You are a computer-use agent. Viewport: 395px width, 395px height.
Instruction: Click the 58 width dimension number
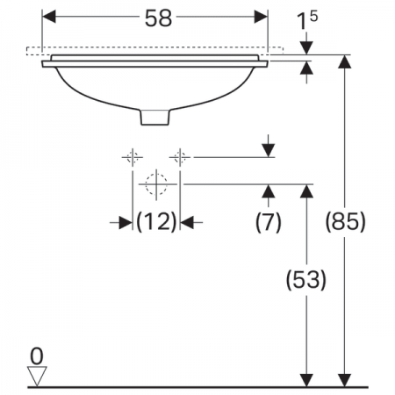pos(158,18)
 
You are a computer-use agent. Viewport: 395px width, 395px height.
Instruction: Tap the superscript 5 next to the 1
pos(313,17)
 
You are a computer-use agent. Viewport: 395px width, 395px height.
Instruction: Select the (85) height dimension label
pos(346,221)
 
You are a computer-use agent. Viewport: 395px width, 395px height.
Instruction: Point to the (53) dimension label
pos(306,280)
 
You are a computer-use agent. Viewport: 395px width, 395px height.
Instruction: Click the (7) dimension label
pos(269,222)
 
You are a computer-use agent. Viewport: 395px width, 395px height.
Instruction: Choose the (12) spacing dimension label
pos(156,222)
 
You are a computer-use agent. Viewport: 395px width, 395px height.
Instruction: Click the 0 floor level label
pos(37,356)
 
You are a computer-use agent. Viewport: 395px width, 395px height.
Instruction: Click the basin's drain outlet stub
pos(155,118)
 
